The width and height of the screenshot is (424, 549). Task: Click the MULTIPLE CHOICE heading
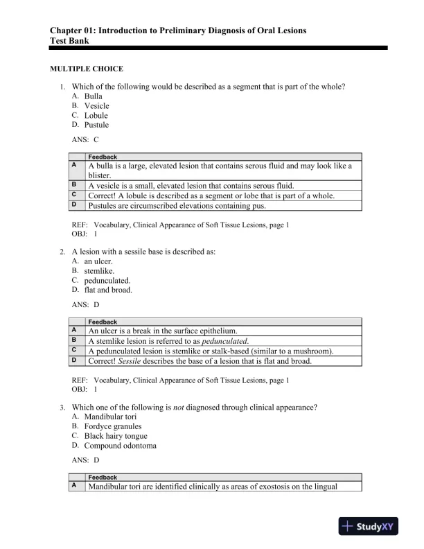(x=87, y=69)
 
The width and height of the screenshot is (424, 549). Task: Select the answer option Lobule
(x=96, y=115)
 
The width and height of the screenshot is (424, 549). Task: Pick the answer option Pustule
(x=96, y=125)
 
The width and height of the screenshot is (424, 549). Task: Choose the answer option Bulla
(x=93, y=96)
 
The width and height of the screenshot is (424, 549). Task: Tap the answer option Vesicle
(x=96, y=105)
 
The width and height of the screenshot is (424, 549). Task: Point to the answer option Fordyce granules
(x=112, y=426)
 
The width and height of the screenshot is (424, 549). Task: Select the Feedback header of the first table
(x=103, y=157)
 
